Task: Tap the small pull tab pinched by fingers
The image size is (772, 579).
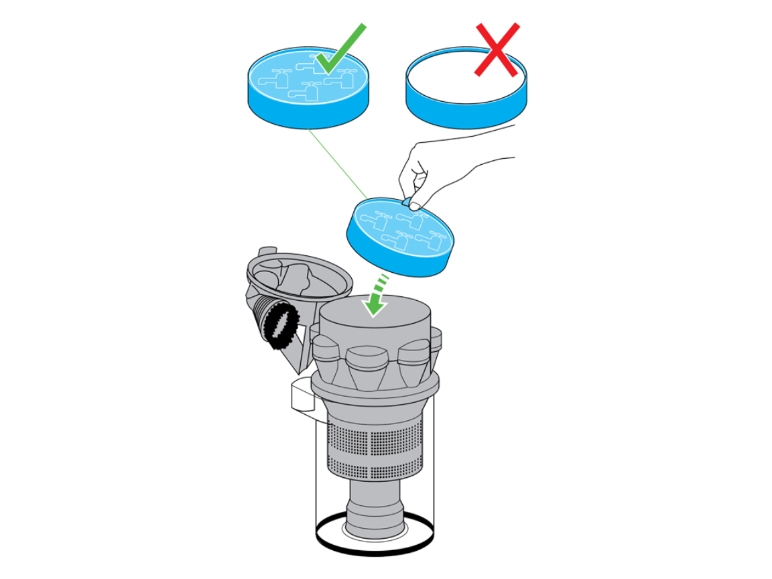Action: coord(407,201)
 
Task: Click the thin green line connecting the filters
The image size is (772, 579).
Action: coord(335,164)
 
